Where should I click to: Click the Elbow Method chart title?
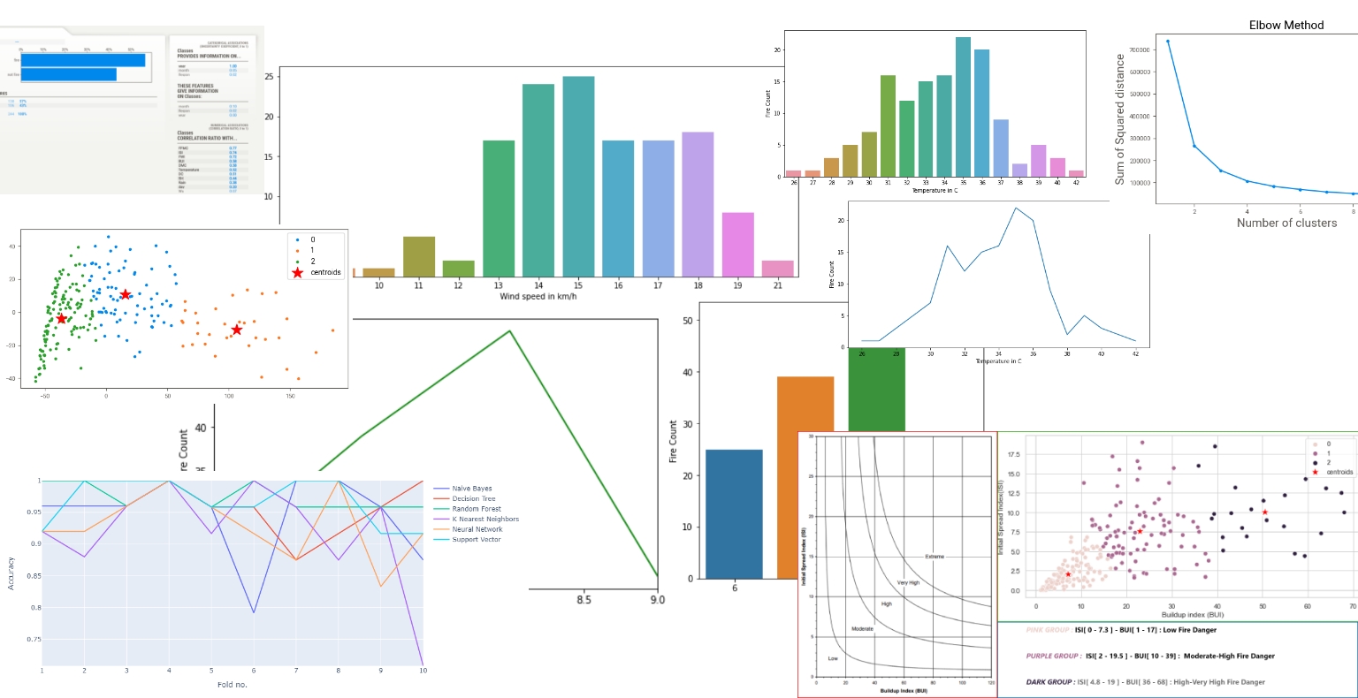point(1286,25)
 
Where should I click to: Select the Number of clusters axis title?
point(1286,223)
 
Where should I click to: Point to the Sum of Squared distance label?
point(1120,119)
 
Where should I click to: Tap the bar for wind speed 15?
point(578,177)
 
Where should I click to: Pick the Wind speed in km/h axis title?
point(538,296)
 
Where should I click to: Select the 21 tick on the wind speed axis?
point(777,285)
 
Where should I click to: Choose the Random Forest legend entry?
point(477,509)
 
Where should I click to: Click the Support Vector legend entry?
point(477,539)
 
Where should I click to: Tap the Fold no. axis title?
point(233,685)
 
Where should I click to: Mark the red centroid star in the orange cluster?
point(236,330)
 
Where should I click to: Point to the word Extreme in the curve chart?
point(935,557)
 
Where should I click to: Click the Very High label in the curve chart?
point(908,583)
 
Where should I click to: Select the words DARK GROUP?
point(1049,682)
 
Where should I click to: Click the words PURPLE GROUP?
point(1052,656)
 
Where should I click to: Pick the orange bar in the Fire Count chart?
point(805,477)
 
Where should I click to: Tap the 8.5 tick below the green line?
point(584,600)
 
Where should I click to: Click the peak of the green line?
point(509,331)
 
